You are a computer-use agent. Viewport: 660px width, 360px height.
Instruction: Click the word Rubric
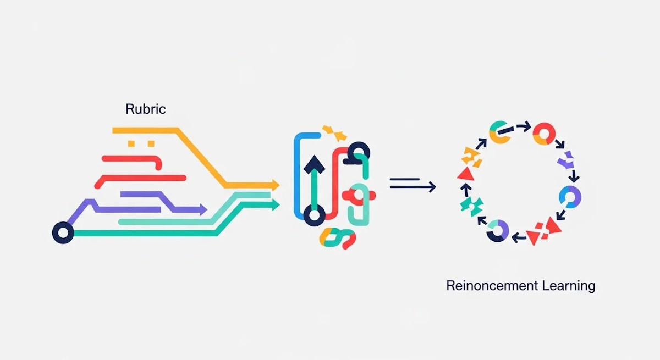point(146,109)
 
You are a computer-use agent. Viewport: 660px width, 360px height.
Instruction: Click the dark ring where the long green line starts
point(63,233)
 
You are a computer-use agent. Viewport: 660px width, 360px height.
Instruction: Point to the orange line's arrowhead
point(276,185)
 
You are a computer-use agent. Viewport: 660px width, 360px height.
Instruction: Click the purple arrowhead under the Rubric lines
point(204,209)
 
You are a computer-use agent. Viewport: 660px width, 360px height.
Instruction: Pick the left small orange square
point(131,143)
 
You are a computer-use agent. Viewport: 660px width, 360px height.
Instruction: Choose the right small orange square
point(151,143)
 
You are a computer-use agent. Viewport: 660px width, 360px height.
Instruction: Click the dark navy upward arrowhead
point(315,165)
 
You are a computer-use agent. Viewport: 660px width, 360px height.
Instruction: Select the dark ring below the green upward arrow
point(315,215)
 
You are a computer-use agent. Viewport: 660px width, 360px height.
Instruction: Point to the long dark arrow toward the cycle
point(413,187)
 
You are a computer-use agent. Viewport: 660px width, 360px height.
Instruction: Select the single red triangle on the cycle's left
point(466,175)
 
